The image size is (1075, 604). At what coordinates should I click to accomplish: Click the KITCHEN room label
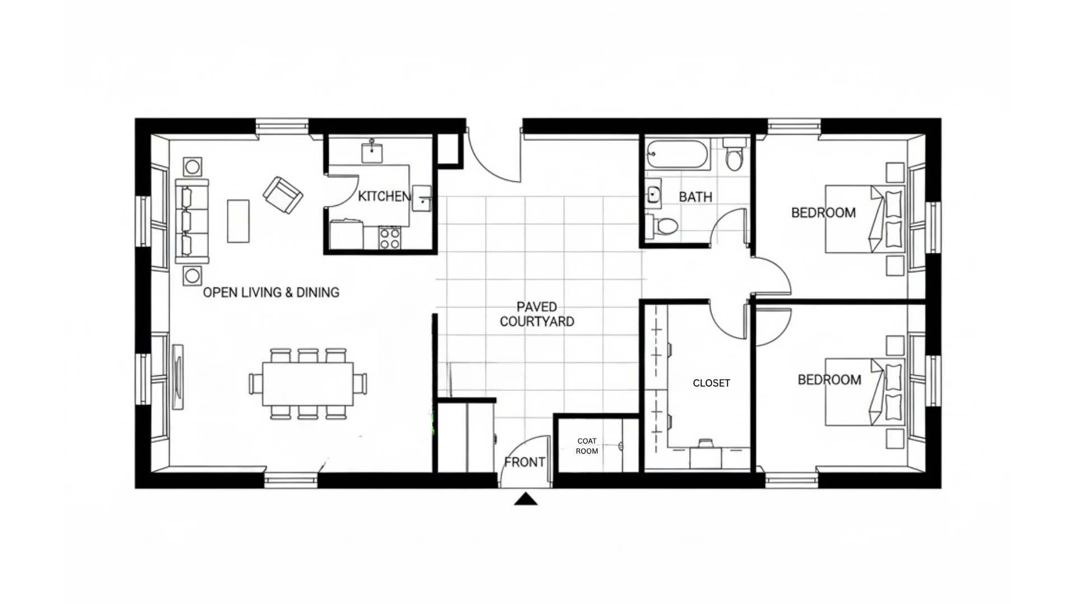384,196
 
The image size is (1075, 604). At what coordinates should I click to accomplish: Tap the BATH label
695,197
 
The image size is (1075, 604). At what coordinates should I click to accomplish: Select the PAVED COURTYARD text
536,314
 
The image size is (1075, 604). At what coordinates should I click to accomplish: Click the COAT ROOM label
587,446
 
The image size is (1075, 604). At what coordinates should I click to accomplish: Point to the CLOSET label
711,383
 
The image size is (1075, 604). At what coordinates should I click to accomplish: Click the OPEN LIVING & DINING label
271,292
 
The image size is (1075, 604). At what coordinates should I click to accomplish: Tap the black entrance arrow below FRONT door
526,499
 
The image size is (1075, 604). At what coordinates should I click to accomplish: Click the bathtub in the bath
677,154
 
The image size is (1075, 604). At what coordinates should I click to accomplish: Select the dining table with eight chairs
308,384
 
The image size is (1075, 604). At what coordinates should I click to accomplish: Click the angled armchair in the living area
283,195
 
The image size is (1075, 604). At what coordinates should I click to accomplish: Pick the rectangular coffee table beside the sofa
238,221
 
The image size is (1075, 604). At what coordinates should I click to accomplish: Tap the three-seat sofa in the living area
191,221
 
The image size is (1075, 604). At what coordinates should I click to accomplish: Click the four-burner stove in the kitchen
390,238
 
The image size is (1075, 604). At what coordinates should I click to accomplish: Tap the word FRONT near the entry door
525,463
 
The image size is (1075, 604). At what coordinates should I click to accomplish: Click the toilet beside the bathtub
733,155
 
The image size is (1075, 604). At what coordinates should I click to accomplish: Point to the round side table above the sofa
192,167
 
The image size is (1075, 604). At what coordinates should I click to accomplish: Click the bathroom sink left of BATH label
653,194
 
